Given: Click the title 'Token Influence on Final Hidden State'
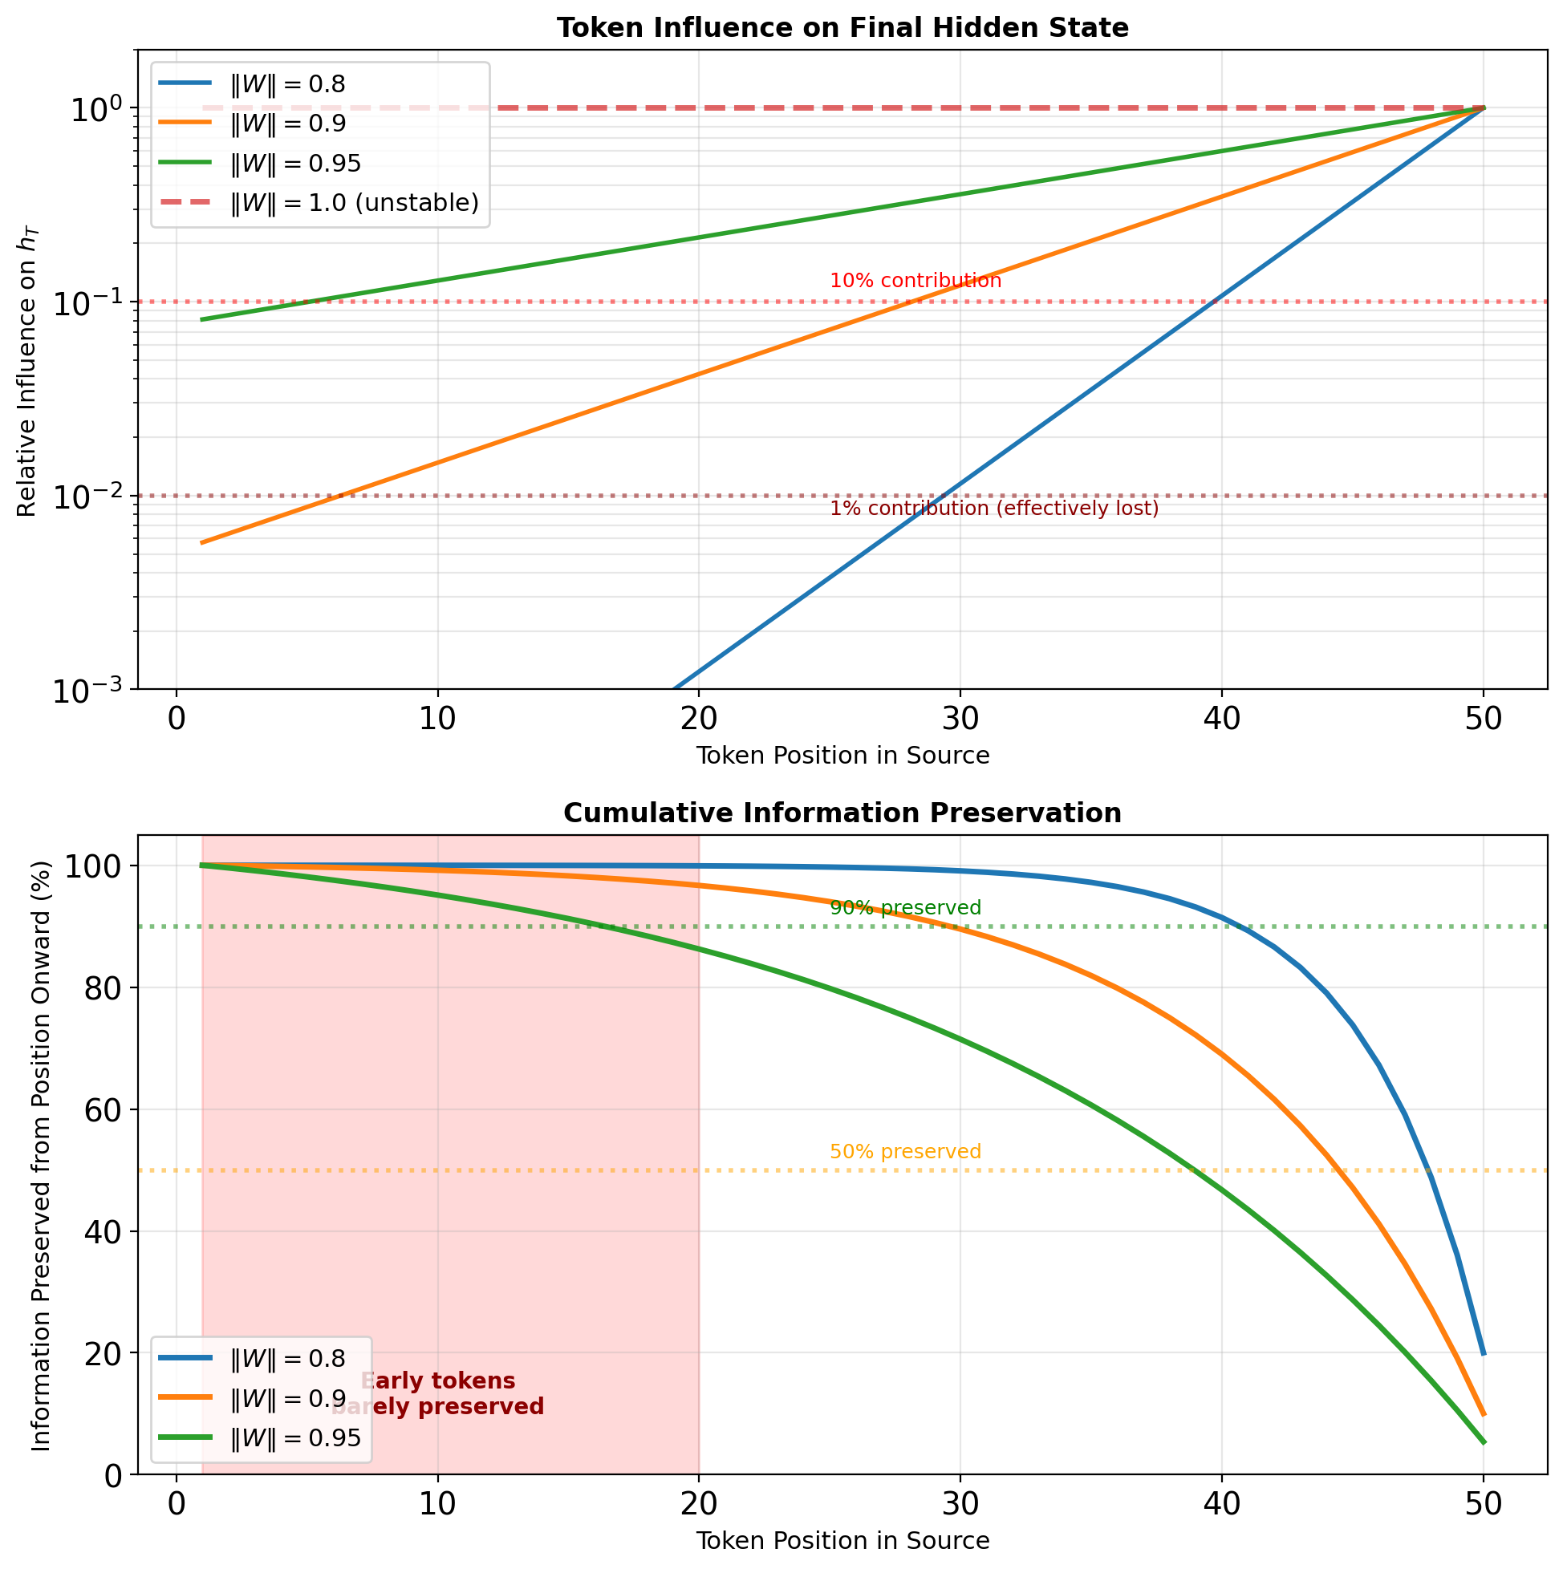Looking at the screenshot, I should coord(842,28).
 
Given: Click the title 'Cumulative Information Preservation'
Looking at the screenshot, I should coord(842,813).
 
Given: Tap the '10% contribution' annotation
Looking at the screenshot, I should coord(915,281).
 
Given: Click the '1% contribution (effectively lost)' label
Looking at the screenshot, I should coord(994,509).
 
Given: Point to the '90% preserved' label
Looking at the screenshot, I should coord(906,908).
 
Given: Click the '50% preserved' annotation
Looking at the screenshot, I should coord(906,1152).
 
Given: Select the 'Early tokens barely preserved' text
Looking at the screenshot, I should coord(438,1394).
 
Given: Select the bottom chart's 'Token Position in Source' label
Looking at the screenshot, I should coord(842,1541).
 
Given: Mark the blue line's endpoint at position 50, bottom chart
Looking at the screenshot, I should coord(1484,1354).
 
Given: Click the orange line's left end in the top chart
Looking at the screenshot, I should coord(202,542).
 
